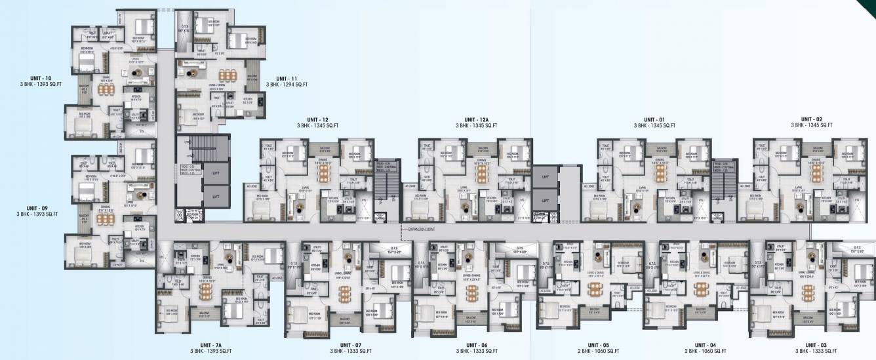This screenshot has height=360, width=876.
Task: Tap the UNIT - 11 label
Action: point(287,78)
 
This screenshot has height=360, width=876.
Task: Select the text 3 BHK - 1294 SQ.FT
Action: point(287,85)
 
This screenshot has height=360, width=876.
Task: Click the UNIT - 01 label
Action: point(654,119)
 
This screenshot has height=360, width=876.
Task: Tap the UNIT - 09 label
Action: point(37,207)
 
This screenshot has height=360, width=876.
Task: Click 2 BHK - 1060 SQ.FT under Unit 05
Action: point(598,351)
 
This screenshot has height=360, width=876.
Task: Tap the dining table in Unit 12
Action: point(323,172)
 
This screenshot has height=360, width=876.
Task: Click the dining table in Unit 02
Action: point(816,172)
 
